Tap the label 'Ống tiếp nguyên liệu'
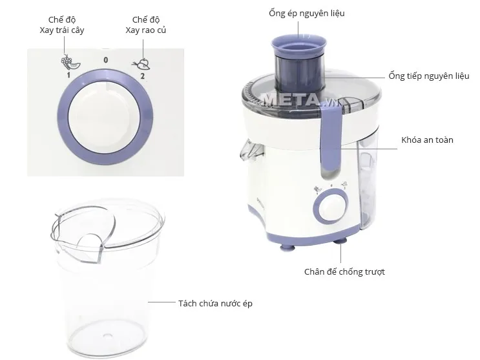(x=429, y=76)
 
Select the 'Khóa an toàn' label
(x=427, y=140)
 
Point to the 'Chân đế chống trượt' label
(x=344, y=271)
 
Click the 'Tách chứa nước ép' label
(x=216, y=302)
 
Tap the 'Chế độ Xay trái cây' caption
(x=67, y=25)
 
